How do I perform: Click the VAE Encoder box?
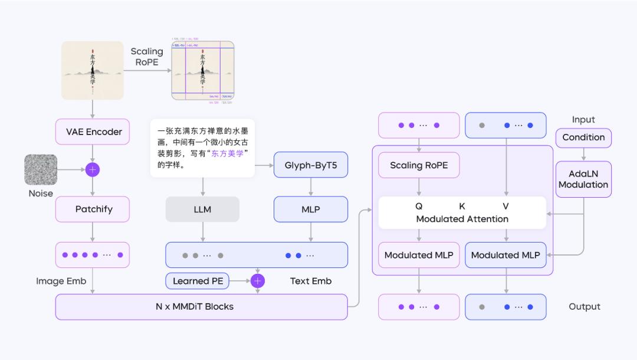point(94,132)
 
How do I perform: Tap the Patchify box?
point(94,209)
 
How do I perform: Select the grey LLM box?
point(202,209)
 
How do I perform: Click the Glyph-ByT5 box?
point(311,165)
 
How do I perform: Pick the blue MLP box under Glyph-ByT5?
point(311,209)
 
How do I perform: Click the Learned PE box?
point(198,281)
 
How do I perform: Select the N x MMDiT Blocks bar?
point(201,307)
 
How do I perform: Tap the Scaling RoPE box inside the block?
point(419,166)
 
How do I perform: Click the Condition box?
point(583,138)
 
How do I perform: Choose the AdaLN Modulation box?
point(583,179)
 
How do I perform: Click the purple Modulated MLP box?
point(419,255)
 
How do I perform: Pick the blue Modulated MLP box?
point(505,255)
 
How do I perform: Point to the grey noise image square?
point(41,170)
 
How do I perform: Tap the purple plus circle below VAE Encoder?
point(93,170)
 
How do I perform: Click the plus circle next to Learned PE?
point(258,281)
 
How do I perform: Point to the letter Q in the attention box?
point(419,207)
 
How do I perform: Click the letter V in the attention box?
point(505,207)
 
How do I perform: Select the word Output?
point(585,307)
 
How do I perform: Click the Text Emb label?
point(311,281)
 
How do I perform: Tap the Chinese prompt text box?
point(202,148)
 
